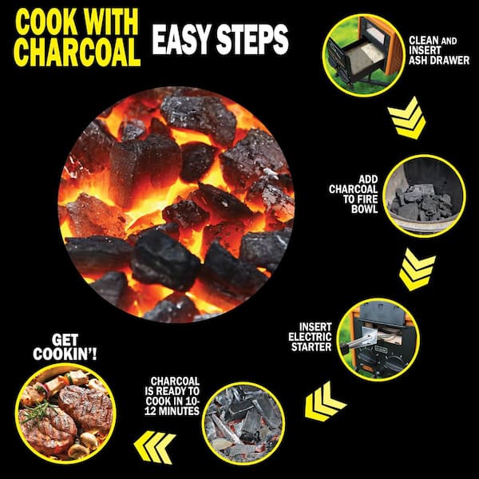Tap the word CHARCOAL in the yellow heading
tap(77, 52)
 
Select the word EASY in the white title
tap(182, 39)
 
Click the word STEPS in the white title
tap(252, 39)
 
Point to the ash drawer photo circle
tap(363, 55)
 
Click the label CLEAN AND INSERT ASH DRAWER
tap(439, 50)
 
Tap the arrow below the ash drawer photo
tap(407, 117)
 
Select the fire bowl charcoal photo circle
tap(424, 196)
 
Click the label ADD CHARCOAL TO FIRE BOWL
tap(354, 194)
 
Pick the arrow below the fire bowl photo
tap(418, 269)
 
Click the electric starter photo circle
tap(378, 340)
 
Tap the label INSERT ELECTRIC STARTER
tap(310, 337)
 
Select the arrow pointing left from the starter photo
tap(325, 401)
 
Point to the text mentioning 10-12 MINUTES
tap(172, 396)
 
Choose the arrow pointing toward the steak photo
tap(155, 447)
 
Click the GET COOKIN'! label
tap(65, 347)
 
